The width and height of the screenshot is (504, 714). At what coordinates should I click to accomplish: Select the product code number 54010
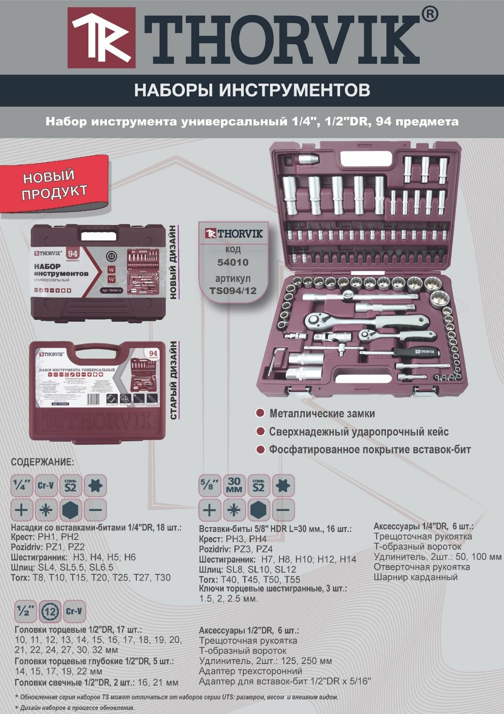click(233, 262)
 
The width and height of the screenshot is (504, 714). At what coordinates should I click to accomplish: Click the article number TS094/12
click(233, 291)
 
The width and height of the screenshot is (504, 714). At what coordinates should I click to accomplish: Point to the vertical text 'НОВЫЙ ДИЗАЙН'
click(174, 264)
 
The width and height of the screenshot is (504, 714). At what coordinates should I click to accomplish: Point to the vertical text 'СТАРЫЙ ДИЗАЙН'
click(174, 380)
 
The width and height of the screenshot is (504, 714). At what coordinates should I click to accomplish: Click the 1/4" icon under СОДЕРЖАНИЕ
click(22, 486)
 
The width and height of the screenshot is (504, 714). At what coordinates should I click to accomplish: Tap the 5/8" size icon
click(209, 486)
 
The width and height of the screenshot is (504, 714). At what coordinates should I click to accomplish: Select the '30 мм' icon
click(234, 486)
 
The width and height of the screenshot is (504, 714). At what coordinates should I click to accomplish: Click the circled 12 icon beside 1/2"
click(50, 612)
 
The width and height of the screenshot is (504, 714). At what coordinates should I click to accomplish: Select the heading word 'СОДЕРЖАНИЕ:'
click(42, 462)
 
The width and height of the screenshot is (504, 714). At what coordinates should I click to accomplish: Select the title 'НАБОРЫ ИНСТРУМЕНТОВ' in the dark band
click(252, 90)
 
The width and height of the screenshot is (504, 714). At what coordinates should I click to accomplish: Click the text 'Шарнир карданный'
click(415, 577)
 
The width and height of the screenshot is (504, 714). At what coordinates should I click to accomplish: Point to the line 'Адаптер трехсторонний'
click(250, 671)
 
